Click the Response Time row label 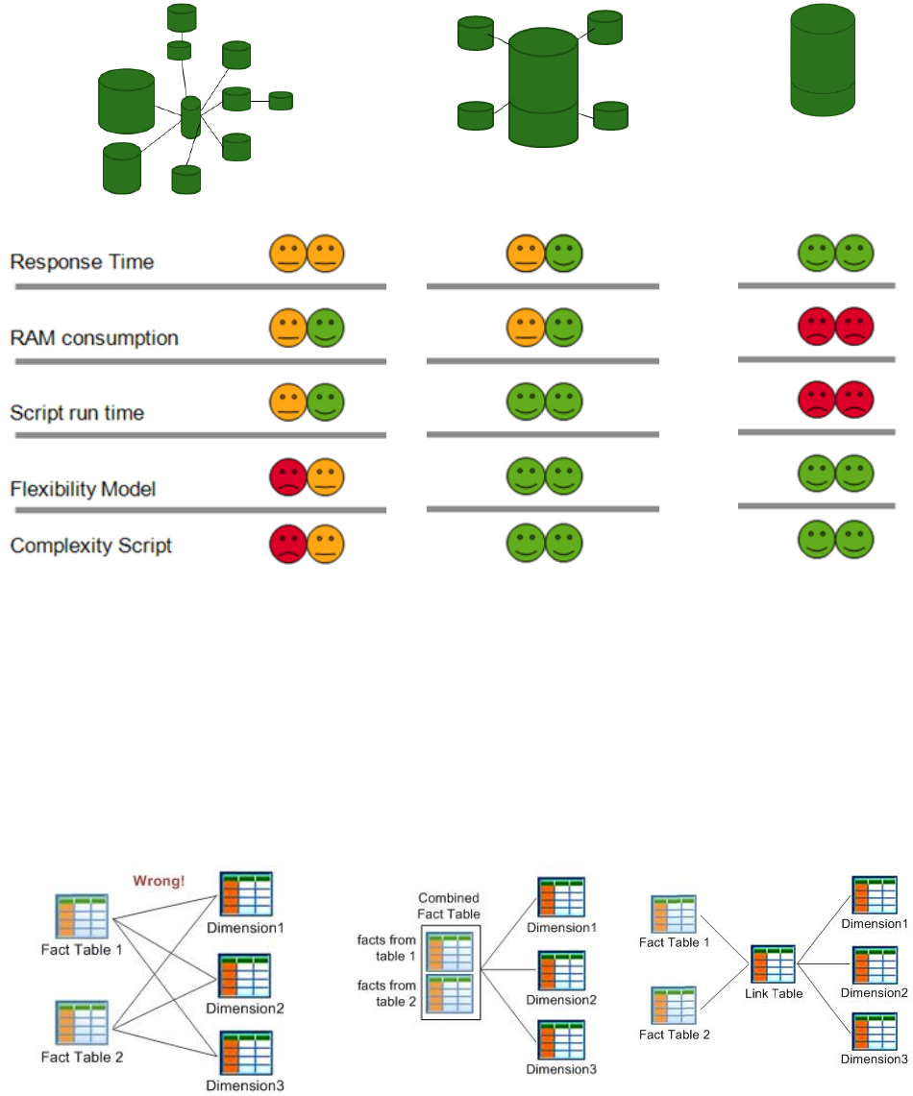pos(82,261)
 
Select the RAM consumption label pos(94,338)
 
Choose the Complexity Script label pos(90,546)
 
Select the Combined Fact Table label pos(449,907)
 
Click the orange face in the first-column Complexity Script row pos(326,545)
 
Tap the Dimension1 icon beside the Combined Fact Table pos(560,899)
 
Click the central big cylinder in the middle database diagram pos(543,86)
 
